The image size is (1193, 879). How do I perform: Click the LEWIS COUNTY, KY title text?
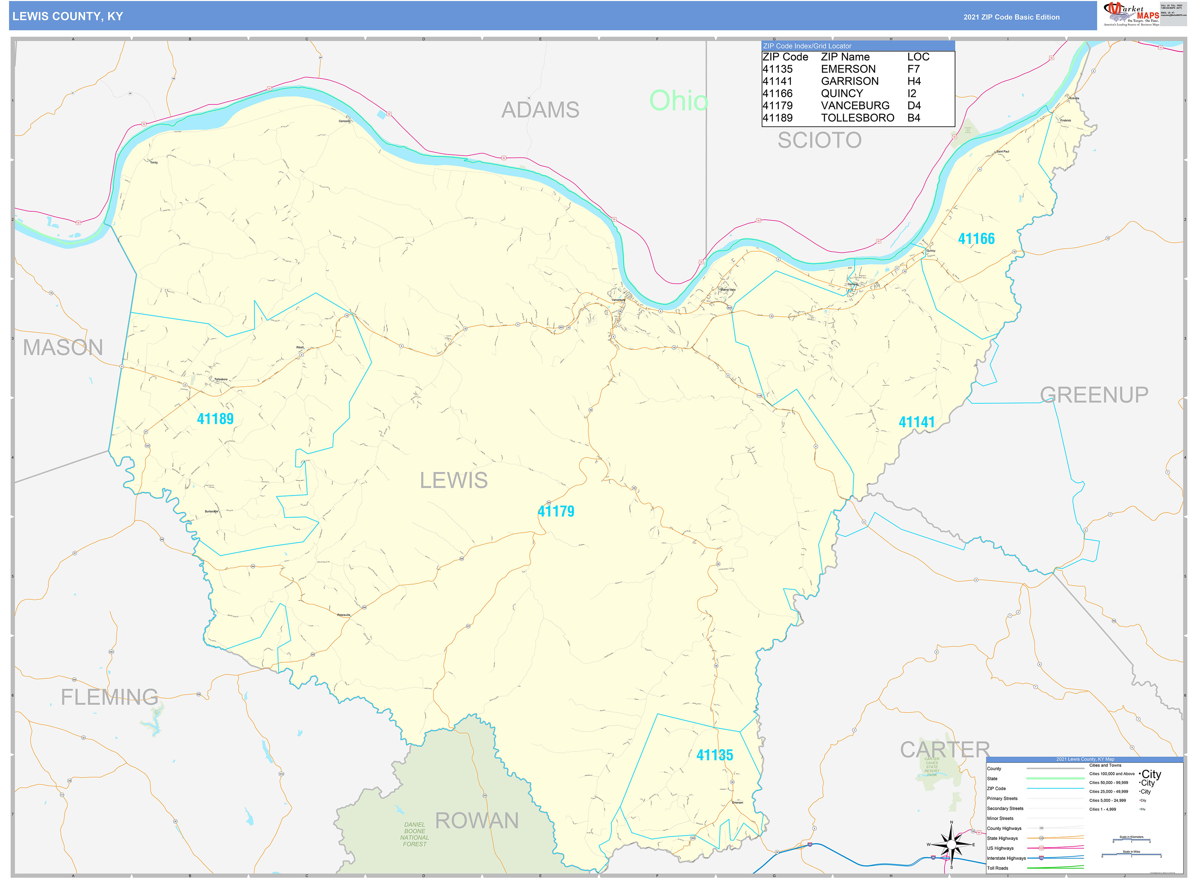68,17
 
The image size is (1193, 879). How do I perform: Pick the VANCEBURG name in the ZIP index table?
855,106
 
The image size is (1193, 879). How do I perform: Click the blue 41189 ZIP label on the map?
215,419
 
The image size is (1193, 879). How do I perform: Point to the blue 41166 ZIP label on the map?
976,239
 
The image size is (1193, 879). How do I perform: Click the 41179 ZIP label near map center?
555,511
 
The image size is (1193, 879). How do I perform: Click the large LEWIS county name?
453,480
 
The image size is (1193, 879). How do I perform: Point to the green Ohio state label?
678,100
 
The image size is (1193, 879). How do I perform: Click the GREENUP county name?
1094,395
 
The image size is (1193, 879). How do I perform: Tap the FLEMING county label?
109,697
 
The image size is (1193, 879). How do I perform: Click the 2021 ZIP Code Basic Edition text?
1011,17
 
